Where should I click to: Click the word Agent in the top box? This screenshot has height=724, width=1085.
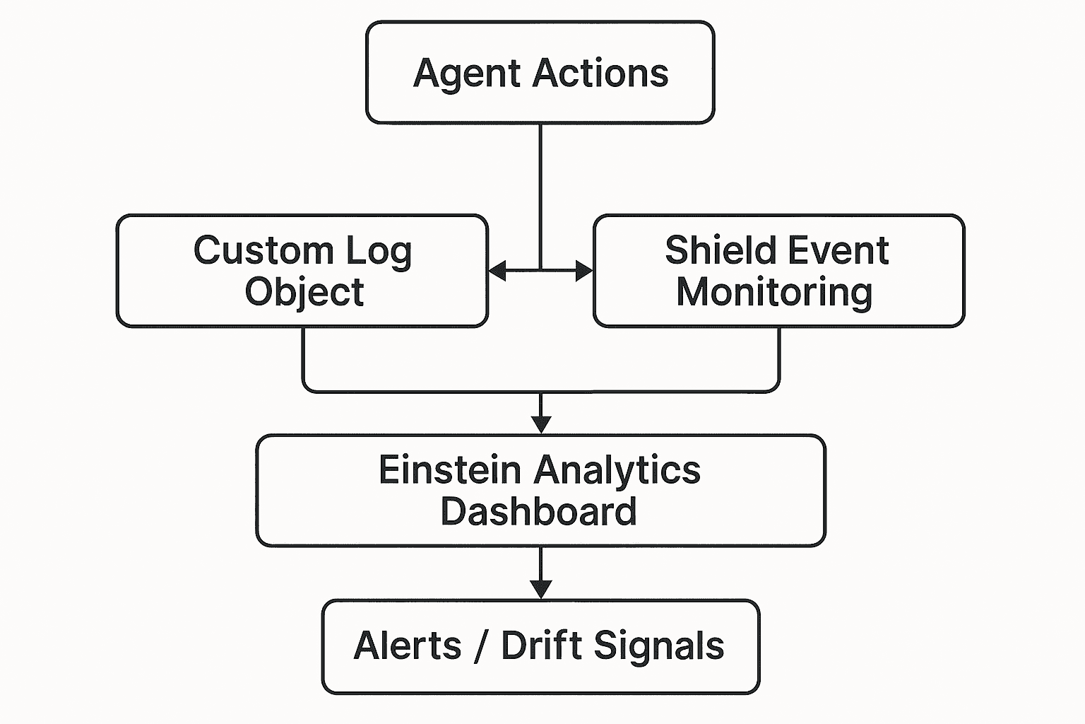(x=468, y=74)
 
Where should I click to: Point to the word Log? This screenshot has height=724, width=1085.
(x=377, y=252)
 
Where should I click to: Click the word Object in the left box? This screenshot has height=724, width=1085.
(x=304, y=293)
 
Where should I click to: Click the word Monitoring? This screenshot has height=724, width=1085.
(x=774, y=293)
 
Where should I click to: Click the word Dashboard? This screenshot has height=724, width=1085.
(x=538, y=512)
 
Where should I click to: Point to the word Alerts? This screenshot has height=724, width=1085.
(x=408, y=646)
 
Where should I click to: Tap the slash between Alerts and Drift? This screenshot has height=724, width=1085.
(x=481, y=646)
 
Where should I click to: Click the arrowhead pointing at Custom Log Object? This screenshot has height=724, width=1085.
(x=497, y=270)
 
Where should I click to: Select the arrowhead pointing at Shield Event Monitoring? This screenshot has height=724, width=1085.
(x=584, y=270)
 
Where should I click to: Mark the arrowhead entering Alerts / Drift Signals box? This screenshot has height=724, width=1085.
(x=540, y=589)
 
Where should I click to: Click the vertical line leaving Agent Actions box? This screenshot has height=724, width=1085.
(x=540, y=191)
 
